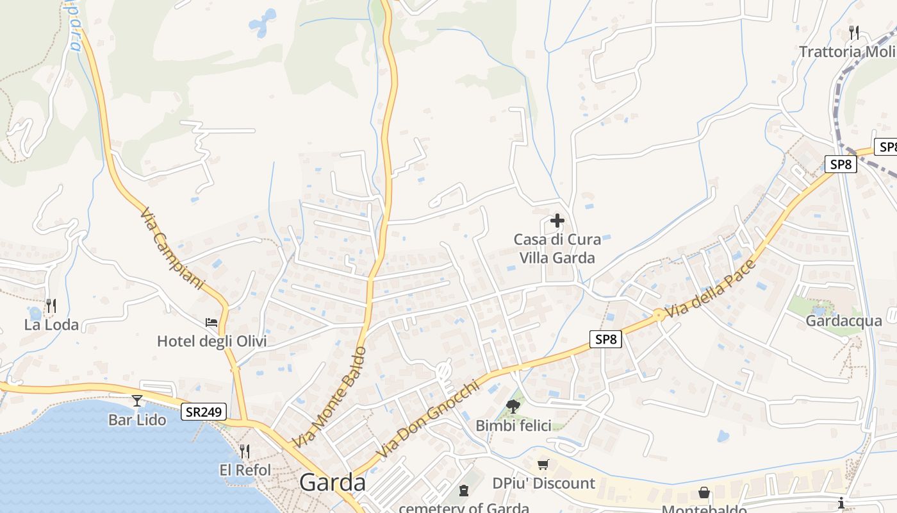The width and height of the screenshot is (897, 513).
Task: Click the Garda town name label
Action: [x=333, y=482]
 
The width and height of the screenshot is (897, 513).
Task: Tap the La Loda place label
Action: [x=51, y=324]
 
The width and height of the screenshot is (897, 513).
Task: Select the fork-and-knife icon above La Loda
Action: [x=51, y=305]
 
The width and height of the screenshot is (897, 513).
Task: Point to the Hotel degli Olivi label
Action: [x=211, y=341]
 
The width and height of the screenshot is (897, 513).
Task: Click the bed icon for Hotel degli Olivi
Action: [x=211, y=322]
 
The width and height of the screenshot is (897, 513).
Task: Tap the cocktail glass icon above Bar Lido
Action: [x=137, y=401]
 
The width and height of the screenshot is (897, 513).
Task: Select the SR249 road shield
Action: [x=204, y=412]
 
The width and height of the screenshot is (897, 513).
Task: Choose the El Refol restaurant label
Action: [x=245, y=470]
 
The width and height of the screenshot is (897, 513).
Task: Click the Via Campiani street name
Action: [x=171, y=248]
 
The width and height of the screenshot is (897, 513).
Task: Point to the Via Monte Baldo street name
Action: [x=330, y=398]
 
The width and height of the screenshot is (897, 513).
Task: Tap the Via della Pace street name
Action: [x=710, y=289]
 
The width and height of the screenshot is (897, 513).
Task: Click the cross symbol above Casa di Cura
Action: [x=557, y=221]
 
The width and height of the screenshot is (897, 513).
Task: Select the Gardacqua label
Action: [x=844, y=321]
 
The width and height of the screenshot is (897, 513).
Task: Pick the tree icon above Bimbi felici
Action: [x=513, y=405]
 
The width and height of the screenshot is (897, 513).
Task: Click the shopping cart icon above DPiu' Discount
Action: [x=543, y=464]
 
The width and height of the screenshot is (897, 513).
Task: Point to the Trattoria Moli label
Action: [x=846, y=51]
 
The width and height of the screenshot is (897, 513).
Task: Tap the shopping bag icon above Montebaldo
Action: [x=704, y=492]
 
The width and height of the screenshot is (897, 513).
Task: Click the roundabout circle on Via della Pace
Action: [x=658, y=314]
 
